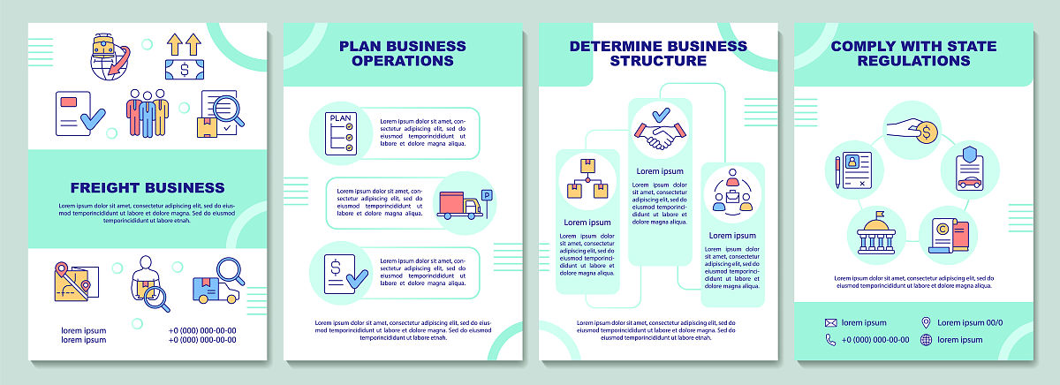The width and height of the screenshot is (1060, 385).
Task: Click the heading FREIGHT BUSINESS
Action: click(x=148, y=187)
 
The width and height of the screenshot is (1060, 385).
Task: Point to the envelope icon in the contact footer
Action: click(x=830, y=323)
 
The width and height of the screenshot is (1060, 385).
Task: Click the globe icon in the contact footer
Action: click(x=926, y=339)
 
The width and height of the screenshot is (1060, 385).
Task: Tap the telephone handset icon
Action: click(x=830, y=339)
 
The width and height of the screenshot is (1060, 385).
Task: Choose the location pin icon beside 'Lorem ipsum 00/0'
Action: click(x=926, y=323)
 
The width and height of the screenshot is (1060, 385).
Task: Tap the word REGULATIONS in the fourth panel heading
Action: click(x=914, y=61)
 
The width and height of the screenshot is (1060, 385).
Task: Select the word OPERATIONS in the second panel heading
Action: click(x=402, y=61)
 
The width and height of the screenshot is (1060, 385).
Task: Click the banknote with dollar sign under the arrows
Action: click(x=185, y=69)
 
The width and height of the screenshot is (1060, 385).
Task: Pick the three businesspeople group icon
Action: click(x=146, y=112)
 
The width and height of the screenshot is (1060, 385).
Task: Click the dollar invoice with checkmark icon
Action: click(x=340, y=274)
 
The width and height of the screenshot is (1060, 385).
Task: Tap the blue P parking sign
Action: click(x=487, y=195)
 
